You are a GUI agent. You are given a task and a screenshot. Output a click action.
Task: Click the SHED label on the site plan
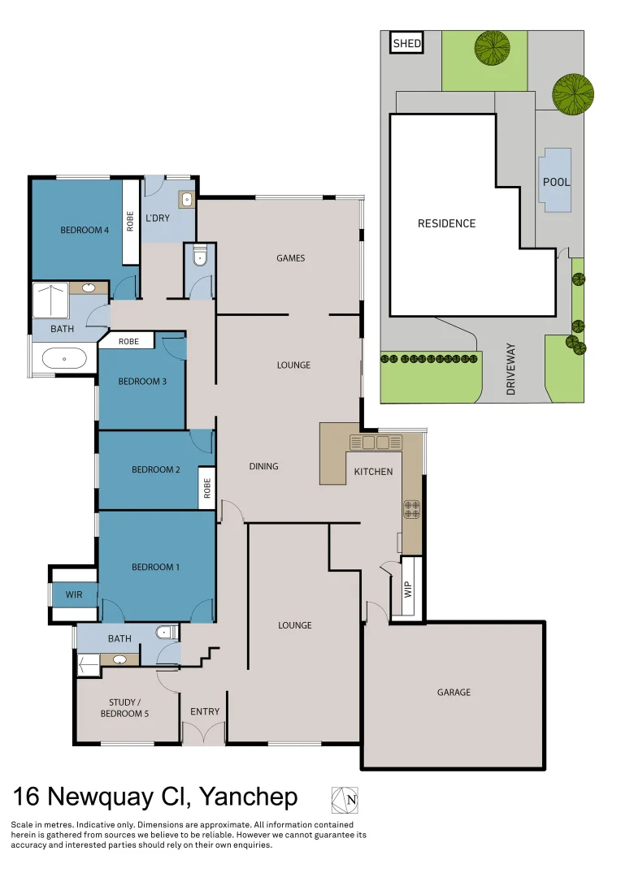[x=407, y=43]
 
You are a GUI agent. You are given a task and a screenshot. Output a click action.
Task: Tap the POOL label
[x=557, y=182]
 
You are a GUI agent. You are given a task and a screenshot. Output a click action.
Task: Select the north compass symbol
[x=345, y=800]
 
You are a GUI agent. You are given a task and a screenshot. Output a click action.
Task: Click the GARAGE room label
[x=454, y=693]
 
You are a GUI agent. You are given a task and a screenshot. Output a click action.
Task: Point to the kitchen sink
[x=376, y=443]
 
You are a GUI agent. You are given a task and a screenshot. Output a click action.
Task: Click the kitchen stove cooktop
[x=412, y=509]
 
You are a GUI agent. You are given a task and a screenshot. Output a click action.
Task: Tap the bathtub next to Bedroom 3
[x=64, y=358]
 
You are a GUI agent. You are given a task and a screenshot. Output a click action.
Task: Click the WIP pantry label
[x=409, y=588]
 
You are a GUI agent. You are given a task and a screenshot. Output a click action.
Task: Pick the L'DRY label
[x=158, y=218]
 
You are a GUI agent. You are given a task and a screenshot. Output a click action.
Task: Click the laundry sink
[x=186, y=198]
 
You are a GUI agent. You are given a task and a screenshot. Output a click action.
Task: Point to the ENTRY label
[x=205, y=712]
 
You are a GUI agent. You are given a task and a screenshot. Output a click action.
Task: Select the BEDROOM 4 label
[x=85, y=230]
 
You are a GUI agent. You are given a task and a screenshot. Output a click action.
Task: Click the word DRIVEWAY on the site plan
[x=511, y=369]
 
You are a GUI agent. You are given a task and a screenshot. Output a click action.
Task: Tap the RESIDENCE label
[x=446, y=223]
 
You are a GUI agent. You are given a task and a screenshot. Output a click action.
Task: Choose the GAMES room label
[x=290, y=258]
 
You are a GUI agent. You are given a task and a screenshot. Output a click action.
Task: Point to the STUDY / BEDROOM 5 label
[x=128, y=707]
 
